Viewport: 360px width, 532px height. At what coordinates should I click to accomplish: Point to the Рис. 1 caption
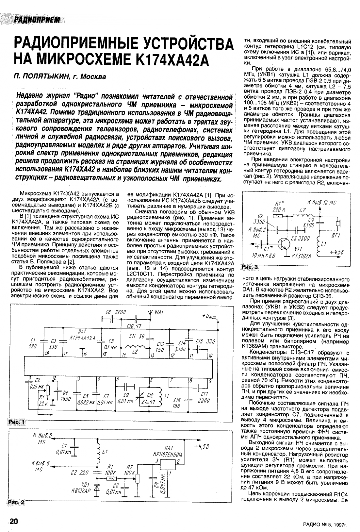(16, 422)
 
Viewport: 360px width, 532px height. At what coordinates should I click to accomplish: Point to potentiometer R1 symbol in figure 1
(48, 390)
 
